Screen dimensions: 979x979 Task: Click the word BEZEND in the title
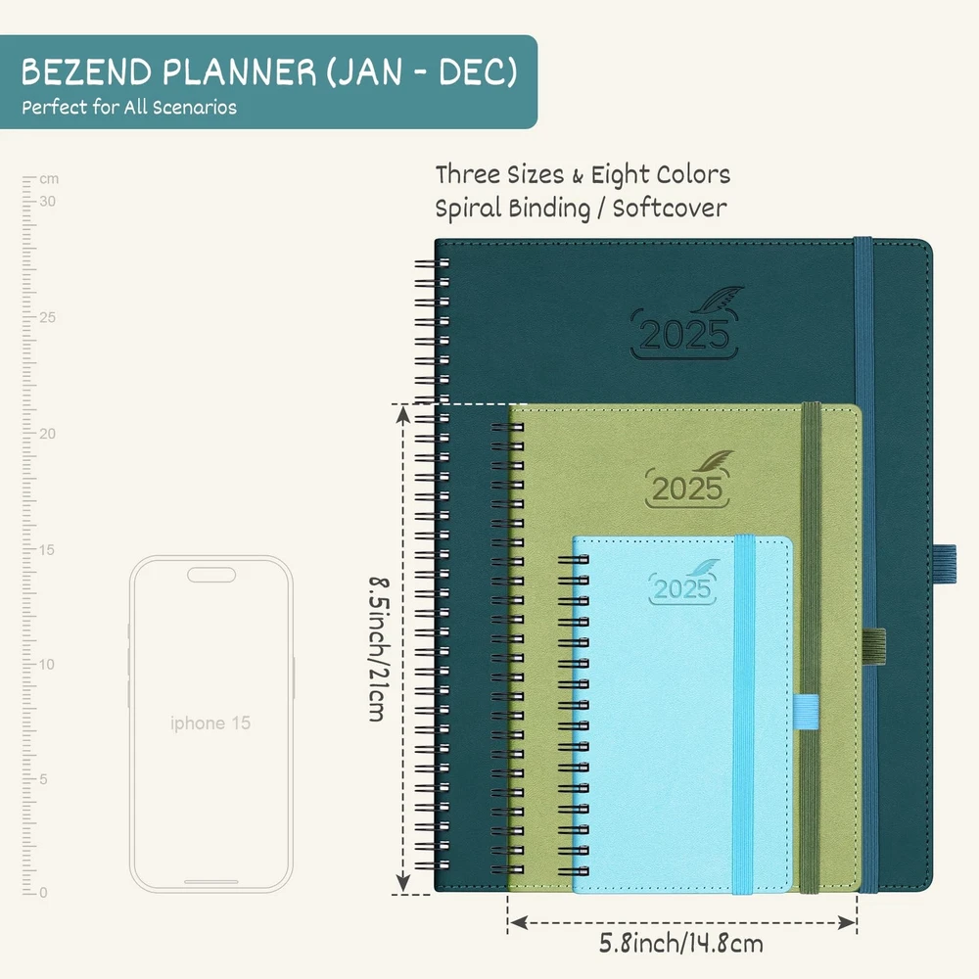coord(87,71)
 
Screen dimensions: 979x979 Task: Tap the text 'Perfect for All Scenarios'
coord(129,108)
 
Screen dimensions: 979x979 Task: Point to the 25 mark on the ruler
coord(47,317)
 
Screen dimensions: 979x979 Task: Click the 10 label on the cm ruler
coord(47,665)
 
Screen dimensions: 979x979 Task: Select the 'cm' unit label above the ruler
coord(49,179)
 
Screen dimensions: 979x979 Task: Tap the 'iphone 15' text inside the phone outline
coord(210,723)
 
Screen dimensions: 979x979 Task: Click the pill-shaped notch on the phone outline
coord(211,575)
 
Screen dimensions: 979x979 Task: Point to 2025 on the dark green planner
coord(684,335)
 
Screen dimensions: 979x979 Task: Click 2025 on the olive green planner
coord(687,489)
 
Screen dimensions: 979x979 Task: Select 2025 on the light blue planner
coord(681,588)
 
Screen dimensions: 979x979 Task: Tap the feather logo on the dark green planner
coord(717,299)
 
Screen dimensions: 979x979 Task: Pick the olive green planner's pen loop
coord(873,646)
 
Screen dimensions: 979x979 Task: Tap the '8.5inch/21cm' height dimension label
coord(379,649)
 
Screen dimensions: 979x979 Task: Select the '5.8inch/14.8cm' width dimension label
coord(681,944)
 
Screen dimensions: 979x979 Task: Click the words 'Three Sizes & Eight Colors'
coord(583,175)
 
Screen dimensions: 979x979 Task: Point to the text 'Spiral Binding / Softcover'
coord(581,209)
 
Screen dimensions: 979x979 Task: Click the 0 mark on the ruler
coord(43,893)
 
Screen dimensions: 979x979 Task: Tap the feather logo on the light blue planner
coord(703,568)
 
